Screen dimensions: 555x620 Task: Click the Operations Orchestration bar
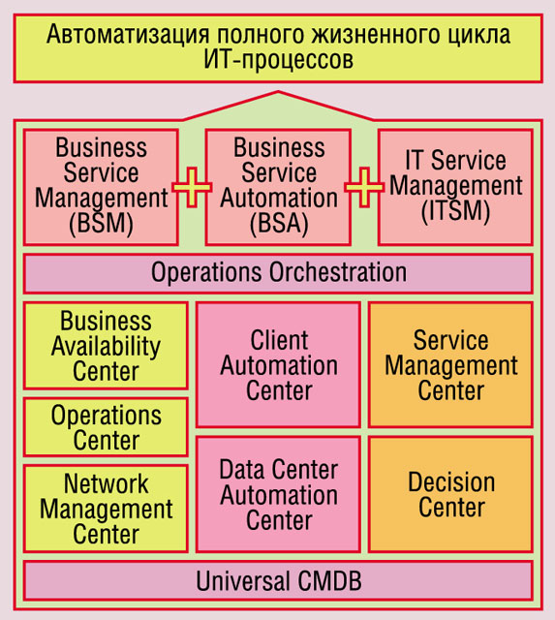(x=278, y=273)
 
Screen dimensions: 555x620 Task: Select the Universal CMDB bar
(x=278, y=580)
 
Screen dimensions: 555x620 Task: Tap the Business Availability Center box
(x=106, y=346)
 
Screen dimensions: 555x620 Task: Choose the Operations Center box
(x=106, y=427)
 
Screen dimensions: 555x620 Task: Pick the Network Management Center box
(x=106, y=509)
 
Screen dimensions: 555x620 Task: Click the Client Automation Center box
(x=278, y=364)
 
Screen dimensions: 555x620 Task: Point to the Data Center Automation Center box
(x=278, y=494)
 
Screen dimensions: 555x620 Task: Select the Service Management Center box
(x=450, y=364)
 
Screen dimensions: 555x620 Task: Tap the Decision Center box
(x=450, y=494)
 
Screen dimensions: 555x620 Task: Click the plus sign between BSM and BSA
(x=192, y=187)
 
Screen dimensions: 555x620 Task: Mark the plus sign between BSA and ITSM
(x=364, y=187)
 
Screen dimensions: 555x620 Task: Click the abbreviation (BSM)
(x=101, y=224)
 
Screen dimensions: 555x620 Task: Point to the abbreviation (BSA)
(x=279, y=224)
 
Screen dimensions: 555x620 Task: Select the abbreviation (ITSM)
(x=456, y=211)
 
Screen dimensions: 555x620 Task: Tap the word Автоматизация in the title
(x=128, y=35)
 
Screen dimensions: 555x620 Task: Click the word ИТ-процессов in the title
(x=278, y=60)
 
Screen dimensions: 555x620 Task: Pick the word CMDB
(x=329, y=581)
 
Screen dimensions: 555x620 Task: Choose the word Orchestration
(x=338, y=272)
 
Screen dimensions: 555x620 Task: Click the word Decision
(x=451, y=482)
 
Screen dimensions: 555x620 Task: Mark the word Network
(x=106, y=483)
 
